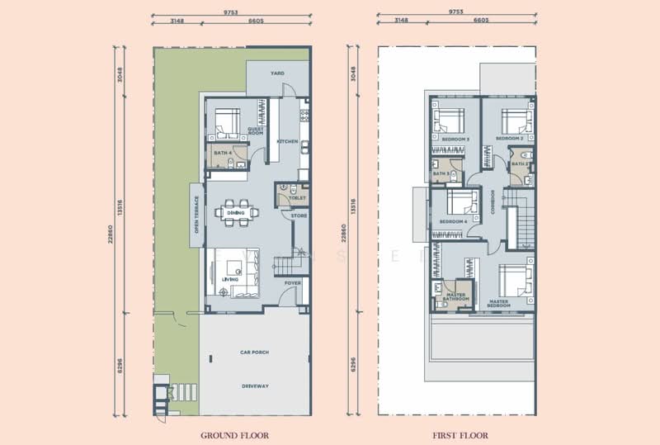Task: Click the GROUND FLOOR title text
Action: pyautogui.click(x=234, y=434)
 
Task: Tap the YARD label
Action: pyautogui.click(x=277, y=73)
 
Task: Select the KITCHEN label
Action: pyautogui.click(x=287, y=141)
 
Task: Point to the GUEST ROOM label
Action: pyautogui.click(x=254, y=131)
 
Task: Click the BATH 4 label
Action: pyautogui.click(x=221, y=153)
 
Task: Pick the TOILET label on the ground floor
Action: pyautogui.click(x=298, y=198)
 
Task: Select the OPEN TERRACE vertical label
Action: pyautogui.click(x=196, y=215)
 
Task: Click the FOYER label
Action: pyautogui.click(x=292, y=283)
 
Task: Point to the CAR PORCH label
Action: pyautogui.click(x=256, y=353)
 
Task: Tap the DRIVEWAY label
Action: pyautogui.click(x=256, y=386)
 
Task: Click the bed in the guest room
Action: pyautogui.click(x=225, y=125)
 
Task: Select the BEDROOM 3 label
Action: pyautogui.click(x=455, y=140)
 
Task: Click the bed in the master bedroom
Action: pyautogui.click(x=516, y=281)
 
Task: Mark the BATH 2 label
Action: pyautogui.click(x=519, y=163)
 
